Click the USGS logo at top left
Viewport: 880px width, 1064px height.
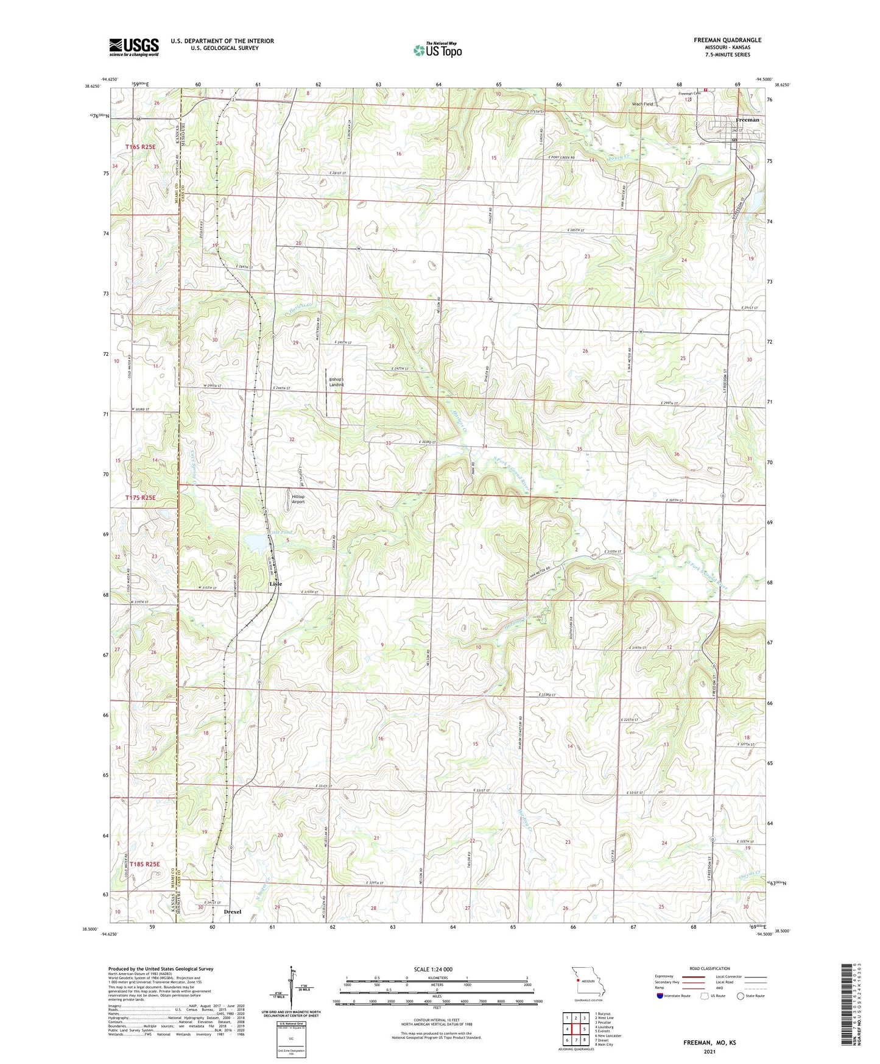(133, 47)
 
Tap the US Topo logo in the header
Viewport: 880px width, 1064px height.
(437, 50)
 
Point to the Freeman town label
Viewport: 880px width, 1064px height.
(747, 120)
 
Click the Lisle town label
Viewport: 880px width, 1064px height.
(276, 584)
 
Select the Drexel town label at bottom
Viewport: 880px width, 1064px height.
(233, 912)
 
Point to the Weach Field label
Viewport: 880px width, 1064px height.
(642, 104)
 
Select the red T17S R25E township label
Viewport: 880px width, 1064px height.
(141, 498)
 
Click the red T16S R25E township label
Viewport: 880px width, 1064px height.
(141, 147)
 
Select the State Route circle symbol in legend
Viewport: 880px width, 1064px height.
(741, 996)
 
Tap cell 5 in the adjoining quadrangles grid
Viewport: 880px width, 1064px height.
(584, 1029)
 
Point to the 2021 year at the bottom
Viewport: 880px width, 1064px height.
(709, 1051)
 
